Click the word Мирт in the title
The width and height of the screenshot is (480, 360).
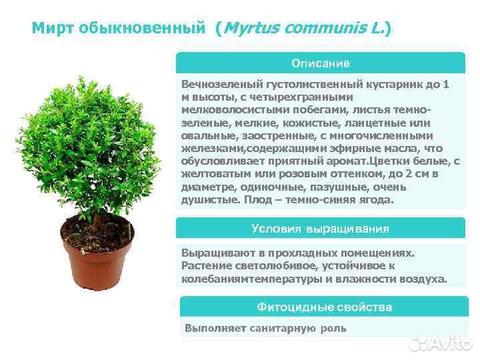point(53,28)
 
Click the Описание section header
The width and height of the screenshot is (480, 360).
point(320,63)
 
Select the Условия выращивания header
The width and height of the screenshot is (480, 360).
point(320,229)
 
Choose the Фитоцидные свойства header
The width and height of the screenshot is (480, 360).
point(324,307)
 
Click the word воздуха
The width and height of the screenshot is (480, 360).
point(421,278)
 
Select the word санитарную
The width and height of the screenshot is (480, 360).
point(281,328)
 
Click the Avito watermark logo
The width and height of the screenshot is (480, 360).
point(439,343)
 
